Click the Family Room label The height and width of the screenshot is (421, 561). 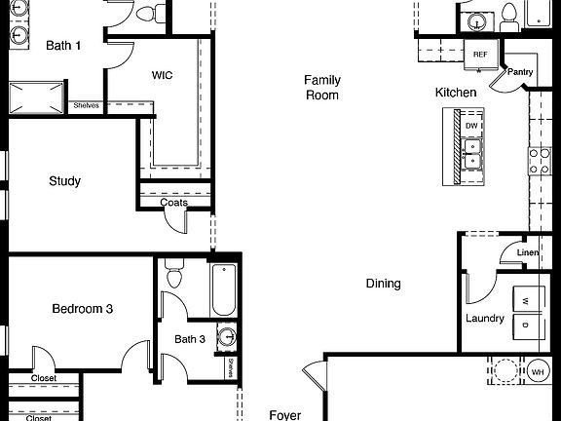321,88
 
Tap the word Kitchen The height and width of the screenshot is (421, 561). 456,93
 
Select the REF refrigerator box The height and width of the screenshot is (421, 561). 480,55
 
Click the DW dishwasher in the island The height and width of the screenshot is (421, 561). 471,126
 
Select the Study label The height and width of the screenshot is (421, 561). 64,181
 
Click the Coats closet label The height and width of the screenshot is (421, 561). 161,203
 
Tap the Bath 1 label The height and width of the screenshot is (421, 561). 64,45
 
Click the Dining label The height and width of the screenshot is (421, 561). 383,284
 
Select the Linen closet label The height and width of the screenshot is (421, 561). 527,253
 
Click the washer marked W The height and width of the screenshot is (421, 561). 524,301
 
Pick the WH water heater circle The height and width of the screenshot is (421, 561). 537,372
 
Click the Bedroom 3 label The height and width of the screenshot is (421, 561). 83,309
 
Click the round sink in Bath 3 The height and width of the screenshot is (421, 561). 226,338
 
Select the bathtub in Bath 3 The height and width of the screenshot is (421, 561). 223,287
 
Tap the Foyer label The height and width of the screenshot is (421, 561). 285,415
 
